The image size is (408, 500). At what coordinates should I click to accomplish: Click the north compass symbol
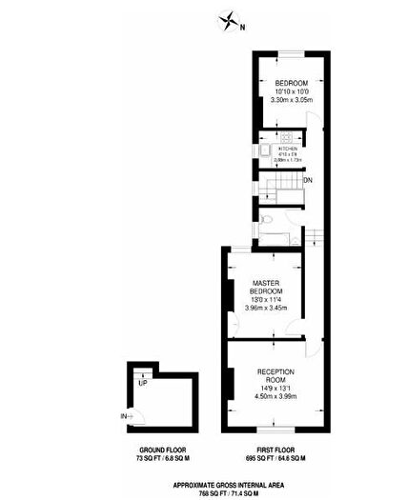[229, 19]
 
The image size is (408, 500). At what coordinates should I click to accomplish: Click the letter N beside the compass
[242, 27]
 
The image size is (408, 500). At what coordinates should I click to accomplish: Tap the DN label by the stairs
[307, 180]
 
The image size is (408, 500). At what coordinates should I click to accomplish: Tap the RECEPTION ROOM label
[276, 375]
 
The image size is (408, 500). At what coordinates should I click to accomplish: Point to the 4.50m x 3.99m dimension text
[276, 396]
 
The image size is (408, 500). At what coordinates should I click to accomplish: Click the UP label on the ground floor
[142, 383]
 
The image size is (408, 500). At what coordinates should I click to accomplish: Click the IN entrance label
[124, 416]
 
